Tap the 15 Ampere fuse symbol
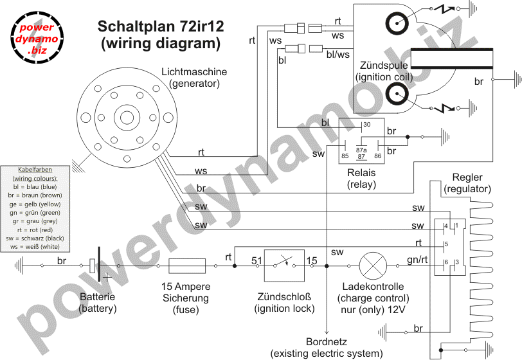point(187,266)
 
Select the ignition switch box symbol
point(284,265)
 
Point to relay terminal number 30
point(367,125)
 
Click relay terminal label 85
point(345,156)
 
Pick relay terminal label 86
point(378,156)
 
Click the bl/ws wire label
point(338,55)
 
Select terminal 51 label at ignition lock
point(256,260)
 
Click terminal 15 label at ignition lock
point(312,260)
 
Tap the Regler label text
point(467,177)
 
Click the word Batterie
point(97,298)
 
